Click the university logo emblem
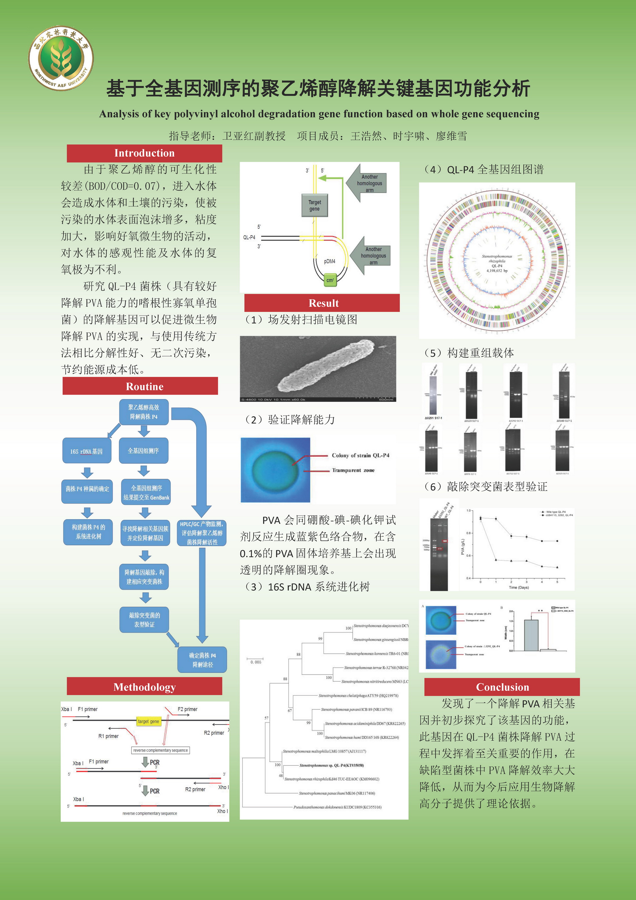(x=61, y=58)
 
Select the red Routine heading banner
(x=140, y=386)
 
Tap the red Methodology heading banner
(x=144, y=687)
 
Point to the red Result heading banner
(x=322, y=303)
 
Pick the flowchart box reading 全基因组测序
(x=143, y=451)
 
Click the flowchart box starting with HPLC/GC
(x=202, y=533)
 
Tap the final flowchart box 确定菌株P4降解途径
(x=202, y=660)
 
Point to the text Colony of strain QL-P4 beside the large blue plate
(x=360, y=455)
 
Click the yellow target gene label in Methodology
(x=148, y=721)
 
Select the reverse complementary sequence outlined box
(x=160, y=750)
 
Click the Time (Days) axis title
(x=519, y=588)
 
